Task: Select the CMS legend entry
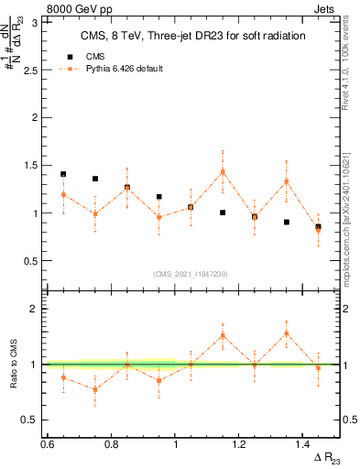pyautogui.click(x=95, y=56)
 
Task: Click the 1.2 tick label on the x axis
pyautogui.click(x=240, y=444)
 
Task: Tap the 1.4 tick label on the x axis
pyautogui.click(x=304, y=444)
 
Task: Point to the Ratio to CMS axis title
pyautogui.click(x=13, y=365)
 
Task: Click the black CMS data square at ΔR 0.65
pyautogui.click(x=63, y=174)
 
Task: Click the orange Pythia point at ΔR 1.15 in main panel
pyautogui.click(x=223, y=171)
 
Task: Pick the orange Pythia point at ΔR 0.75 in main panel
pyautogui.click(x=95, y=214)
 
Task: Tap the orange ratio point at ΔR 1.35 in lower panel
pyautogui.click(x=287, y=333)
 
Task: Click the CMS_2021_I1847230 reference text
pyautogui.click(x=190, y=274)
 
